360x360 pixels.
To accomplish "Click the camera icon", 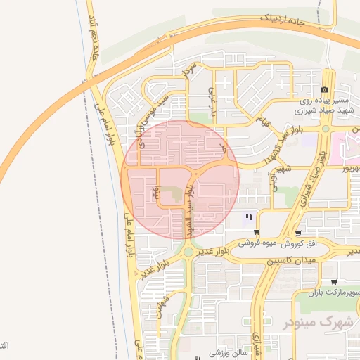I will pyautogui.click(x=324, y=89).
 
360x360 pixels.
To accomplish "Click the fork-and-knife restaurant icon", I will pyautogui.click(x=248, y=217).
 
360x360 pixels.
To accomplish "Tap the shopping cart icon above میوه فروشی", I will pyautogui.click(x=257, y=232).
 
